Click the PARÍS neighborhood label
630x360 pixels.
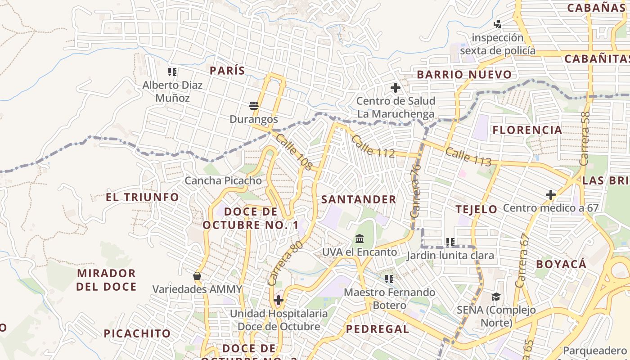click(x=227, y=71)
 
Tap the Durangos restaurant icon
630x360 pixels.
click(x=254, y=106)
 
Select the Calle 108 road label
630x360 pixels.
click(x=294, y=152)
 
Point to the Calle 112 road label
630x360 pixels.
click(x=373, y=146)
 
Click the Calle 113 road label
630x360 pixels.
click(x=468, y=157)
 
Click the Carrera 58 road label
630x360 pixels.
click(x=585, y=138)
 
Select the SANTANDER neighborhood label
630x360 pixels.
click(x=359, y=199)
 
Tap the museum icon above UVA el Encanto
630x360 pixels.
click(x=360, y=238)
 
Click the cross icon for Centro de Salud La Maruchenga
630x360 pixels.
click(x=396, y=88)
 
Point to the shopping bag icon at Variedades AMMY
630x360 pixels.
click(x=197, y=276)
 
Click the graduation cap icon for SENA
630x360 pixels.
click(x=496, y=297)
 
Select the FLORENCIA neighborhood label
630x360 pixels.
click(x=527, y=130)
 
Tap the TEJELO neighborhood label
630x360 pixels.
click(x=476, y=209)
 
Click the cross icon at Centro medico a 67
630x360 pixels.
click(x=550, y=195)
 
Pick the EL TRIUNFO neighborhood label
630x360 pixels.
click(x=142, y=197)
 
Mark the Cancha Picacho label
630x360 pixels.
click(x=223, y=181)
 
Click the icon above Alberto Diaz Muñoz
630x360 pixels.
click(x=172, y=72)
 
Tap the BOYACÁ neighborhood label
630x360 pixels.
click(x=561, y=264)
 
